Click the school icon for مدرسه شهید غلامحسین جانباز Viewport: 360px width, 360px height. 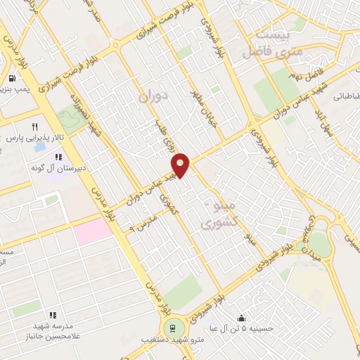[52, 315]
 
